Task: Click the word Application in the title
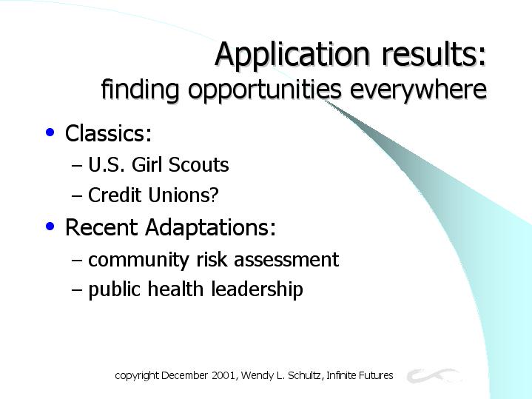pyautogui.click(x=292, y=54)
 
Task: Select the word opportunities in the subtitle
pyautogui.click(x=265, y=90)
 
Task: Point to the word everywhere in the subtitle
pyautogui.click(x=418, y=90)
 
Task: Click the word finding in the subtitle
pyautogui.click(x=140, y=90)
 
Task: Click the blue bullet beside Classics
pyautogui.click(x=50, y=132)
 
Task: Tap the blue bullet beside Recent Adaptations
pyautogui.click(x=50, y=226)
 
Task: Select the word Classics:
pyautogui.click(x=108, y=133)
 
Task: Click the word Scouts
pyautogui.click(x=198, y=164)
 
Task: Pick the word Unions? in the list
pyautogui.click(x=183, y=195)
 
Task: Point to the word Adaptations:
pyautogui.click(x=210, y=228)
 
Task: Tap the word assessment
pyautogui.click(x=286, y=260)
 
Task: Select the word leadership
pyautogui.click(x=257, y=289)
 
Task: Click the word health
pyautogui.click(x=175, y=289)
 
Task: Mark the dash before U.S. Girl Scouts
pyautogui.click(x=77, y=166)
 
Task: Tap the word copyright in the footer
pyautogui.click(x=137, y=376)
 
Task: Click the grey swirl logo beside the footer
pyautogui.click(x=434, y=375)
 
